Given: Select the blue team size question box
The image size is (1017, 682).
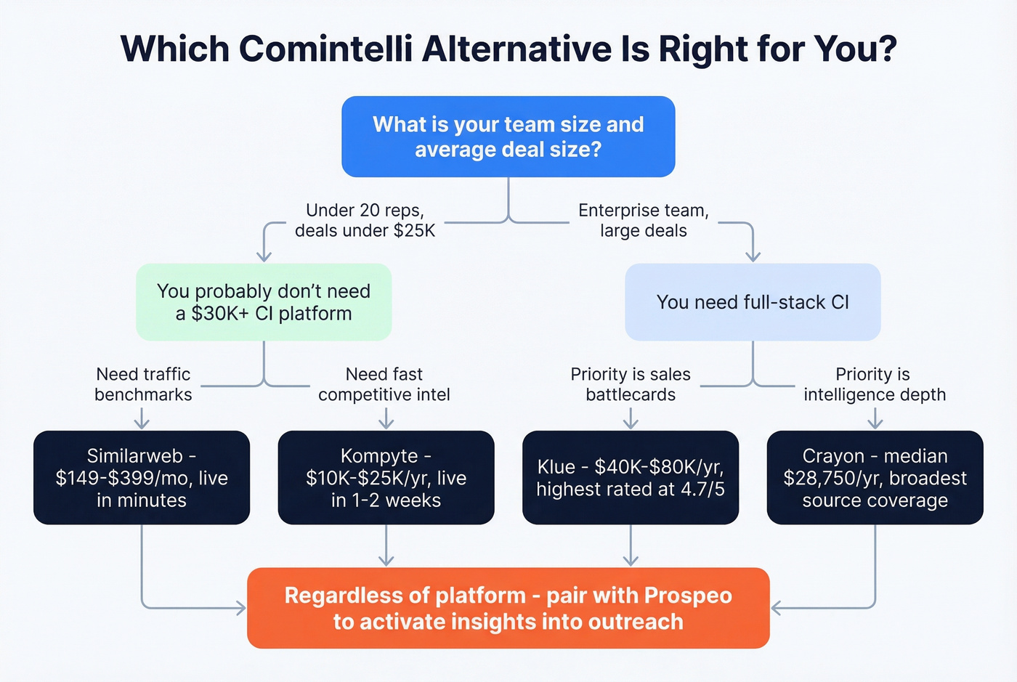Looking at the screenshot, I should point(508,137).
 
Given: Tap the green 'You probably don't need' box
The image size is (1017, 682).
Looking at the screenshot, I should point(264,302).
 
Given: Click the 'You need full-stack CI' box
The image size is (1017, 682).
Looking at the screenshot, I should point(753,302).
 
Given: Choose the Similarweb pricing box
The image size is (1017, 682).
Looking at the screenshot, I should point(142,478).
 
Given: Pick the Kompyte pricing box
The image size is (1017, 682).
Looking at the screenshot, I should point(386,478).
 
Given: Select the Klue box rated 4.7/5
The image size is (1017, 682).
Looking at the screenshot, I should point(631,478).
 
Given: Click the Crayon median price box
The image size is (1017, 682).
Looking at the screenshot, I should point(875,478).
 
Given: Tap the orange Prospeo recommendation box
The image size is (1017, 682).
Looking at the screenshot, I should point(508,609).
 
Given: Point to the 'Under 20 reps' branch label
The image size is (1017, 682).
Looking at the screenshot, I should point(365,220).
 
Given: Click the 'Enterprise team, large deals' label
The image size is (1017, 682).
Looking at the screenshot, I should point(643,220).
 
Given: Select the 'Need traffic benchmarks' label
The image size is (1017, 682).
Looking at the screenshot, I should point(143,384).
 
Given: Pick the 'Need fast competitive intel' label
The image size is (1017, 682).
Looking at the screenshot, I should point(384,384).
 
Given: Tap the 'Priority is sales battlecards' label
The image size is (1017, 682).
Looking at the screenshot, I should point(631,384).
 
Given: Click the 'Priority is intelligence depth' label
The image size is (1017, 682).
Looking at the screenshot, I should point(875,384).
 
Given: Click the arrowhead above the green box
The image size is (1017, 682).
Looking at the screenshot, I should point(264,256).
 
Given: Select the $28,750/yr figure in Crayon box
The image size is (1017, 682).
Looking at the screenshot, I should point(821,478).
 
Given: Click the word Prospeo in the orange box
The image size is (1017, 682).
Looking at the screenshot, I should point(687,596).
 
